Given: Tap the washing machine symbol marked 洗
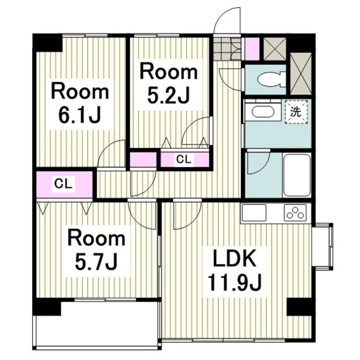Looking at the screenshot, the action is (x=296, y=112).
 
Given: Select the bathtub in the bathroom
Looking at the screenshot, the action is (x=297, y=174).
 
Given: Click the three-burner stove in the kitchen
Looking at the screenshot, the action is (x=295, y=213).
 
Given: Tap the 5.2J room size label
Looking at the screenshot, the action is (x=169, y=96).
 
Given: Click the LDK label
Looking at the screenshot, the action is (x=235, y=259).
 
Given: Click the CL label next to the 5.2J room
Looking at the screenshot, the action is (x=184, y=159).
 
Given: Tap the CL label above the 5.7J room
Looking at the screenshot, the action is (x=63, y=184).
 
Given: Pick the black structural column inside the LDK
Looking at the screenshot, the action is (x=299, y=307).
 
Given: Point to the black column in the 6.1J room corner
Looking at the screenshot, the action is (x=48, y=43).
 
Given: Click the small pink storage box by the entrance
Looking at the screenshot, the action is (x=252, y=49).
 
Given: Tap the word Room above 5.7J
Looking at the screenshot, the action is (x=96, y=238).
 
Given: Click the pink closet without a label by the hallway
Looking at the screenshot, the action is (x=143, y=160).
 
